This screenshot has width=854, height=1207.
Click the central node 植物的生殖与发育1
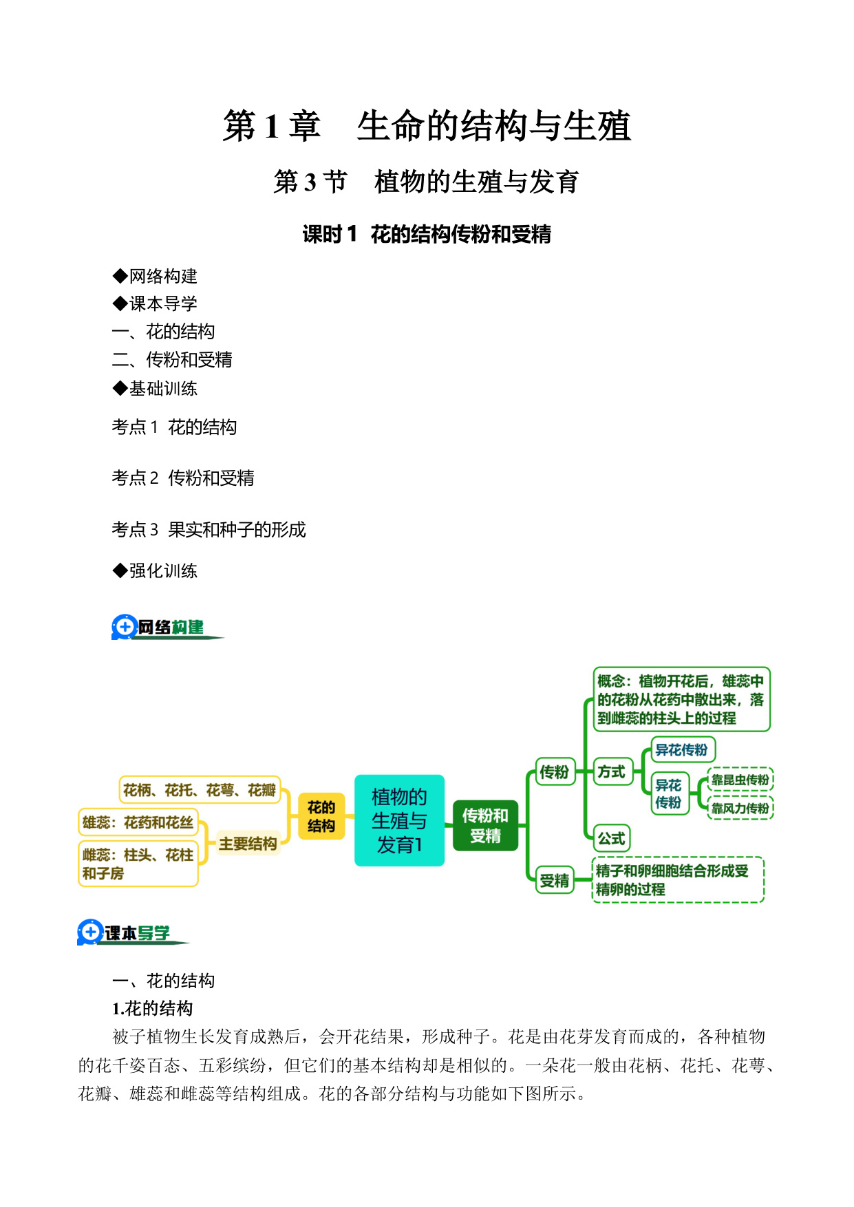(399, 820)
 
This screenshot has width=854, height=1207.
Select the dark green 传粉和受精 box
(485, 825)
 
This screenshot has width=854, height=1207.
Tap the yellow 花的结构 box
(321, 816)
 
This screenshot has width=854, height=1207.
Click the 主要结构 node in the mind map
(248, 844)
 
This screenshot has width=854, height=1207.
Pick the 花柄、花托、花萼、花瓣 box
(200, 790)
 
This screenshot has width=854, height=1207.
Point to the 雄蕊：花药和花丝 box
(138, 822)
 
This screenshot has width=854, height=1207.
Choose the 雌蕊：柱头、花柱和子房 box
(138, 864)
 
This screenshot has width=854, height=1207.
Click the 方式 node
(612, 772)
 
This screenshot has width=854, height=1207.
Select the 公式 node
(612, 838)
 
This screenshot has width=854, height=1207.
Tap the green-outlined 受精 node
(555, 880)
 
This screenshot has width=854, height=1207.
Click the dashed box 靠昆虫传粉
(740, 780)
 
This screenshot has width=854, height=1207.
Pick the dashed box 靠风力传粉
(740, 808)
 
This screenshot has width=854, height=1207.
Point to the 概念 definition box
(681, 699)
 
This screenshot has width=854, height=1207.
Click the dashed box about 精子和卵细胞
(678, 879)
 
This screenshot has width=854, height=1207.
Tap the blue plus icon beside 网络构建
(125, 627)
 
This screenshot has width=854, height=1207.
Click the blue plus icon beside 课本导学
(90, 932)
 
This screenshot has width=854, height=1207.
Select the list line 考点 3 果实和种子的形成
(209, 529)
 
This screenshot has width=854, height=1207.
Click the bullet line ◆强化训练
(155, 570)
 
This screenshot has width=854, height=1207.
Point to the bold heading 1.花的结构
(152, 1009)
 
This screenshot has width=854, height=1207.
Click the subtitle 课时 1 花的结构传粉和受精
(427, 235)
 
